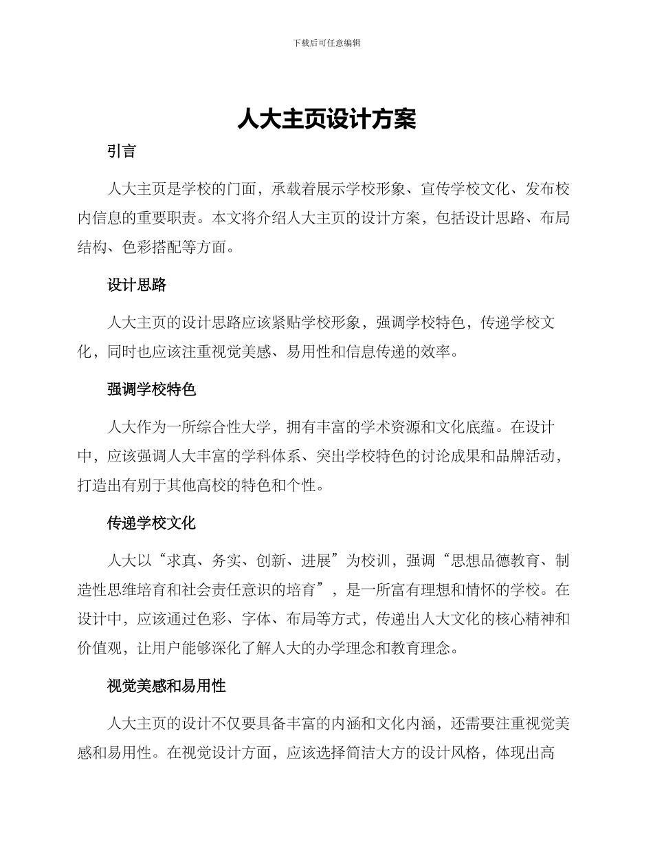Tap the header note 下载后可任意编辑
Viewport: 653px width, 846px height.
click(326, 43)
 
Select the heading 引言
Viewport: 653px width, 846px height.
click(122, 152)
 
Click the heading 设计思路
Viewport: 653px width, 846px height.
click(137, 285)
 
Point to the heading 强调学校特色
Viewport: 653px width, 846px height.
click(152, 389)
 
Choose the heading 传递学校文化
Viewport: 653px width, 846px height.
click(152, 523)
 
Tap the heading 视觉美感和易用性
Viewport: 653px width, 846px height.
click(167, 686)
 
